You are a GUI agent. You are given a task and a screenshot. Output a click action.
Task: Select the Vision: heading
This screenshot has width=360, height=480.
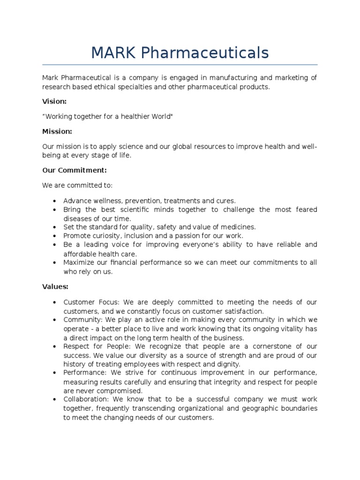tap(54, 101)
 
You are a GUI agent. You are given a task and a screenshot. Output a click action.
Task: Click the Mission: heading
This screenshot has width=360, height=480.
tap(57, 132)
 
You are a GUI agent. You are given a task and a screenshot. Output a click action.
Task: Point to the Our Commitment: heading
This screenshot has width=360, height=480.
tap(75, 170)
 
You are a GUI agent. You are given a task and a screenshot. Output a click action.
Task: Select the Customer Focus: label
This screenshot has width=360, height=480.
tap(86, 302)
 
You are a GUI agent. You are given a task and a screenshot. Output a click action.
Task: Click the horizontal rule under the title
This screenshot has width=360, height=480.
tap(180, 65)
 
